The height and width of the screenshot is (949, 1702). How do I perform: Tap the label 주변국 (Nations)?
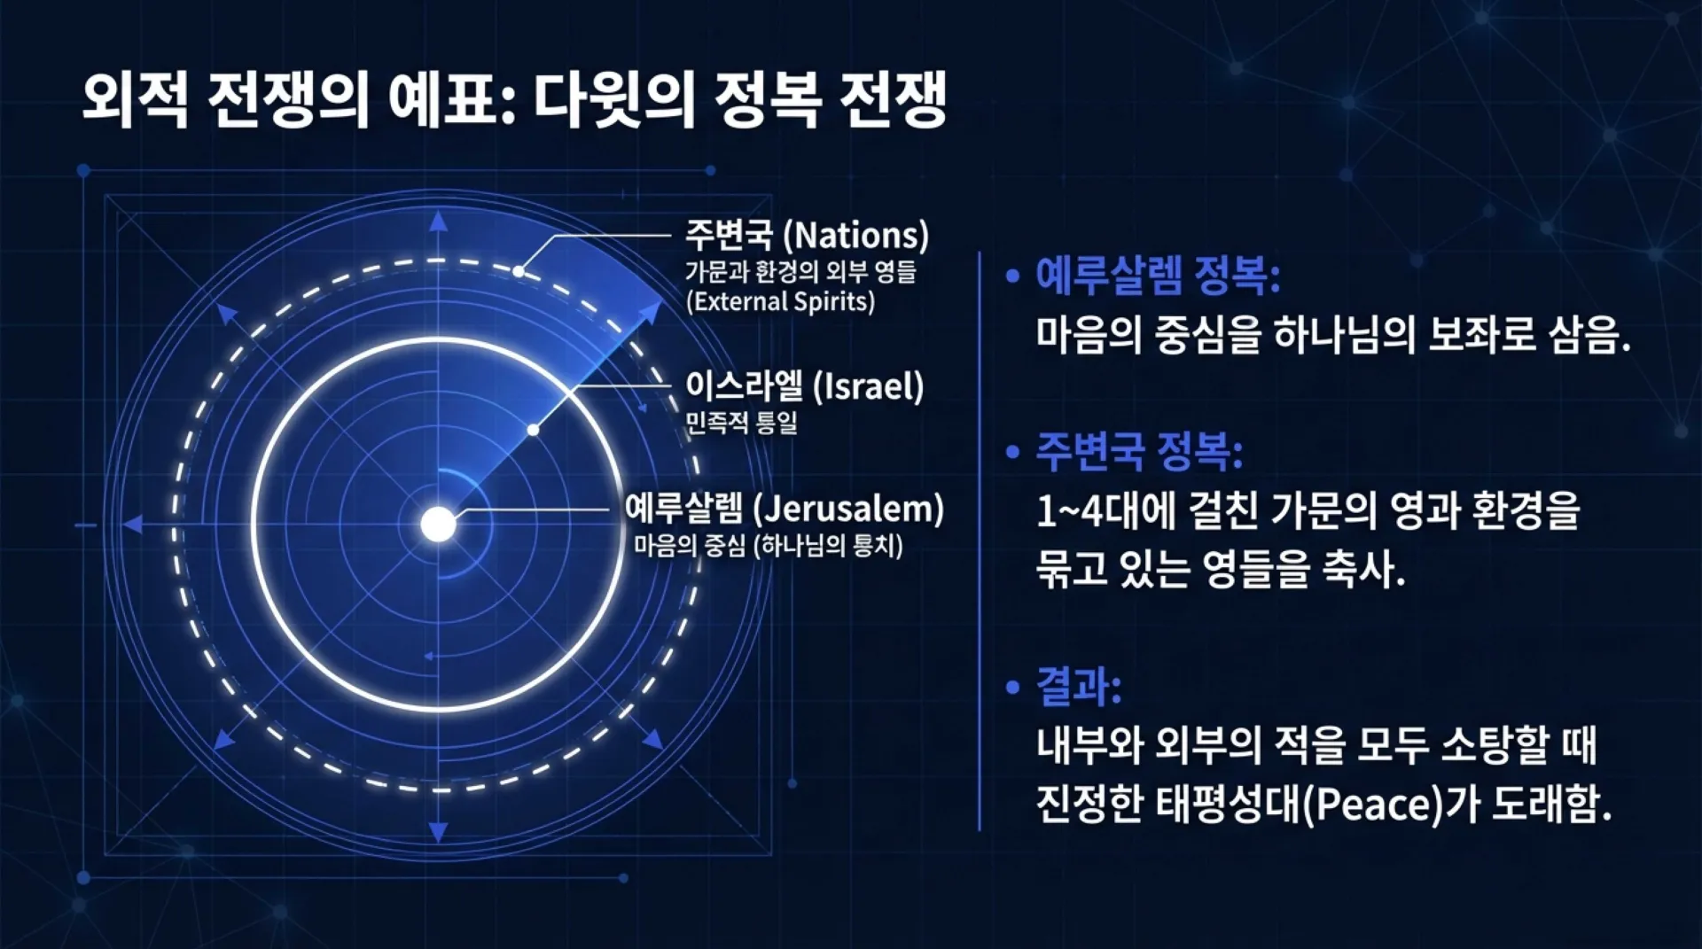pos(807,235)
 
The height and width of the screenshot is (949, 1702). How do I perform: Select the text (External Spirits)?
pos(780,301)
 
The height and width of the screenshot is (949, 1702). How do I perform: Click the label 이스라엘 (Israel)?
pos(804,386)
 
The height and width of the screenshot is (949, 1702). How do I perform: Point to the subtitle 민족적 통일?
pos(741,423)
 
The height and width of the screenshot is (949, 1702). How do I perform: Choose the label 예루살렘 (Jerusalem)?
pos(785,509)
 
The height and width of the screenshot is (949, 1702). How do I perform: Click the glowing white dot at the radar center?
pos(438,525)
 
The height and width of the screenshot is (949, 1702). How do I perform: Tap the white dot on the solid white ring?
pos(533,430)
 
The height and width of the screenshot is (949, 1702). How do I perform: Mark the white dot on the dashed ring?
pos(519,271)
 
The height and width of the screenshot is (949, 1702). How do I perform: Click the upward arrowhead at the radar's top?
pos(438,222)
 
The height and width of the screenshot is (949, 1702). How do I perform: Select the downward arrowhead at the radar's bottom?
pos(438,831)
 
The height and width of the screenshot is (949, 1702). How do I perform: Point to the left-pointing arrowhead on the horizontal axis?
pos(133,525)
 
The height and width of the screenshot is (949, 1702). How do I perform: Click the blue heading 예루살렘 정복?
pos(1158,276)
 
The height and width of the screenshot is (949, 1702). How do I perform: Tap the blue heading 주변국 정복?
pos(1139,451)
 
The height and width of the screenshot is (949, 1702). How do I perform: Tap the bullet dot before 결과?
pos(1012,688)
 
